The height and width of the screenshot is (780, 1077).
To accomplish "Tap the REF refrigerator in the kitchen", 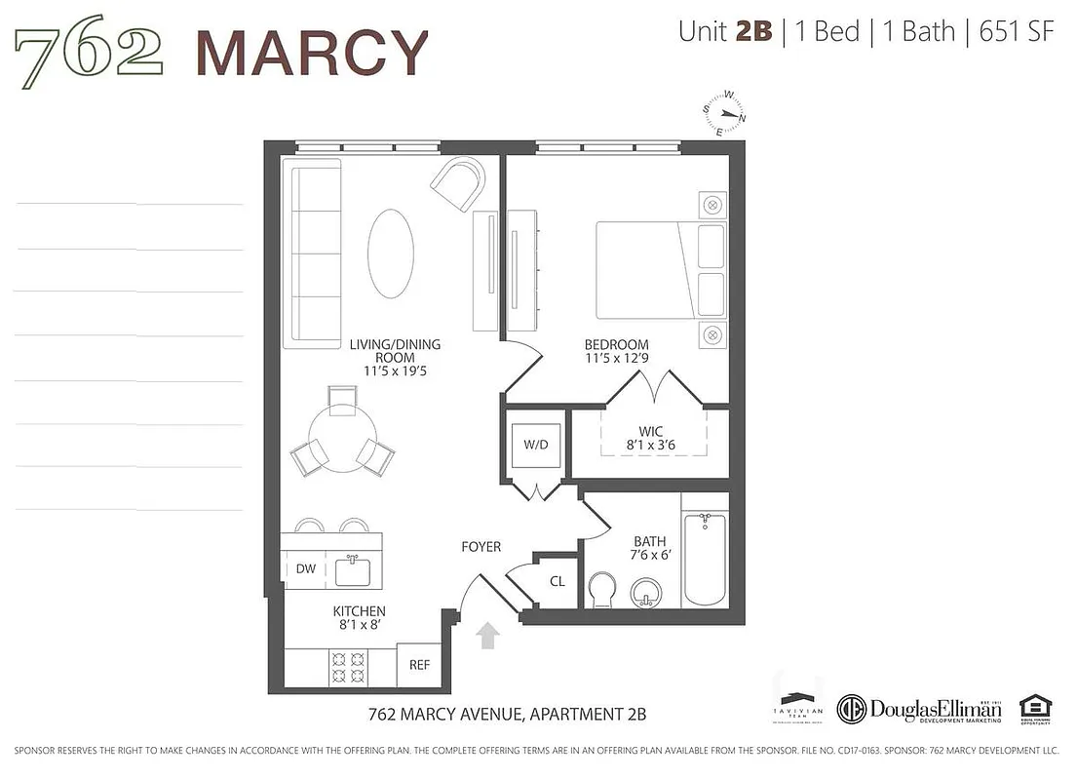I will pos(419,666).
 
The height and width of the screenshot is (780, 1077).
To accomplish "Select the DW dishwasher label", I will pos(306,569).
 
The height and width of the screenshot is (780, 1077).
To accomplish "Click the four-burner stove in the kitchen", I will pos(349,667).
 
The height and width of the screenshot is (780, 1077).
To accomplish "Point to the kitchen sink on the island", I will pos(358,569).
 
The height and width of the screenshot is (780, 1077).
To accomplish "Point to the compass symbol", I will pos(728,113).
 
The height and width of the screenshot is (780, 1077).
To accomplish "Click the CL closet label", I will pos(558,581).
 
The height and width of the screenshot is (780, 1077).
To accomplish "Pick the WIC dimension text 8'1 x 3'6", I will pos(652,447).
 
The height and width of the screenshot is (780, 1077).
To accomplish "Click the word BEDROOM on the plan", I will pos(616,345).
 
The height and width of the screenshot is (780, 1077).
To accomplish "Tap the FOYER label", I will pos(481,547).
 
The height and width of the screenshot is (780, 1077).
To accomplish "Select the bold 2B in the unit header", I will pos(753,31).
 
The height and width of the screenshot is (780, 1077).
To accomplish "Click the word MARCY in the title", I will pos(312,53).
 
